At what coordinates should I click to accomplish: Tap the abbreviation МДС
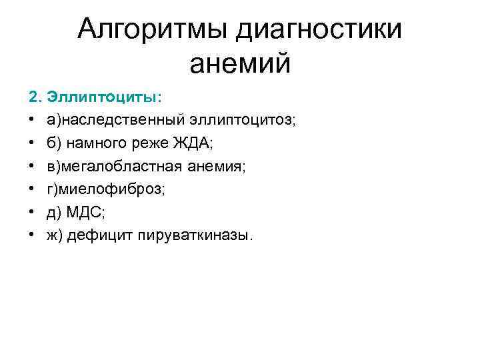click(x=84, y=213)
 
